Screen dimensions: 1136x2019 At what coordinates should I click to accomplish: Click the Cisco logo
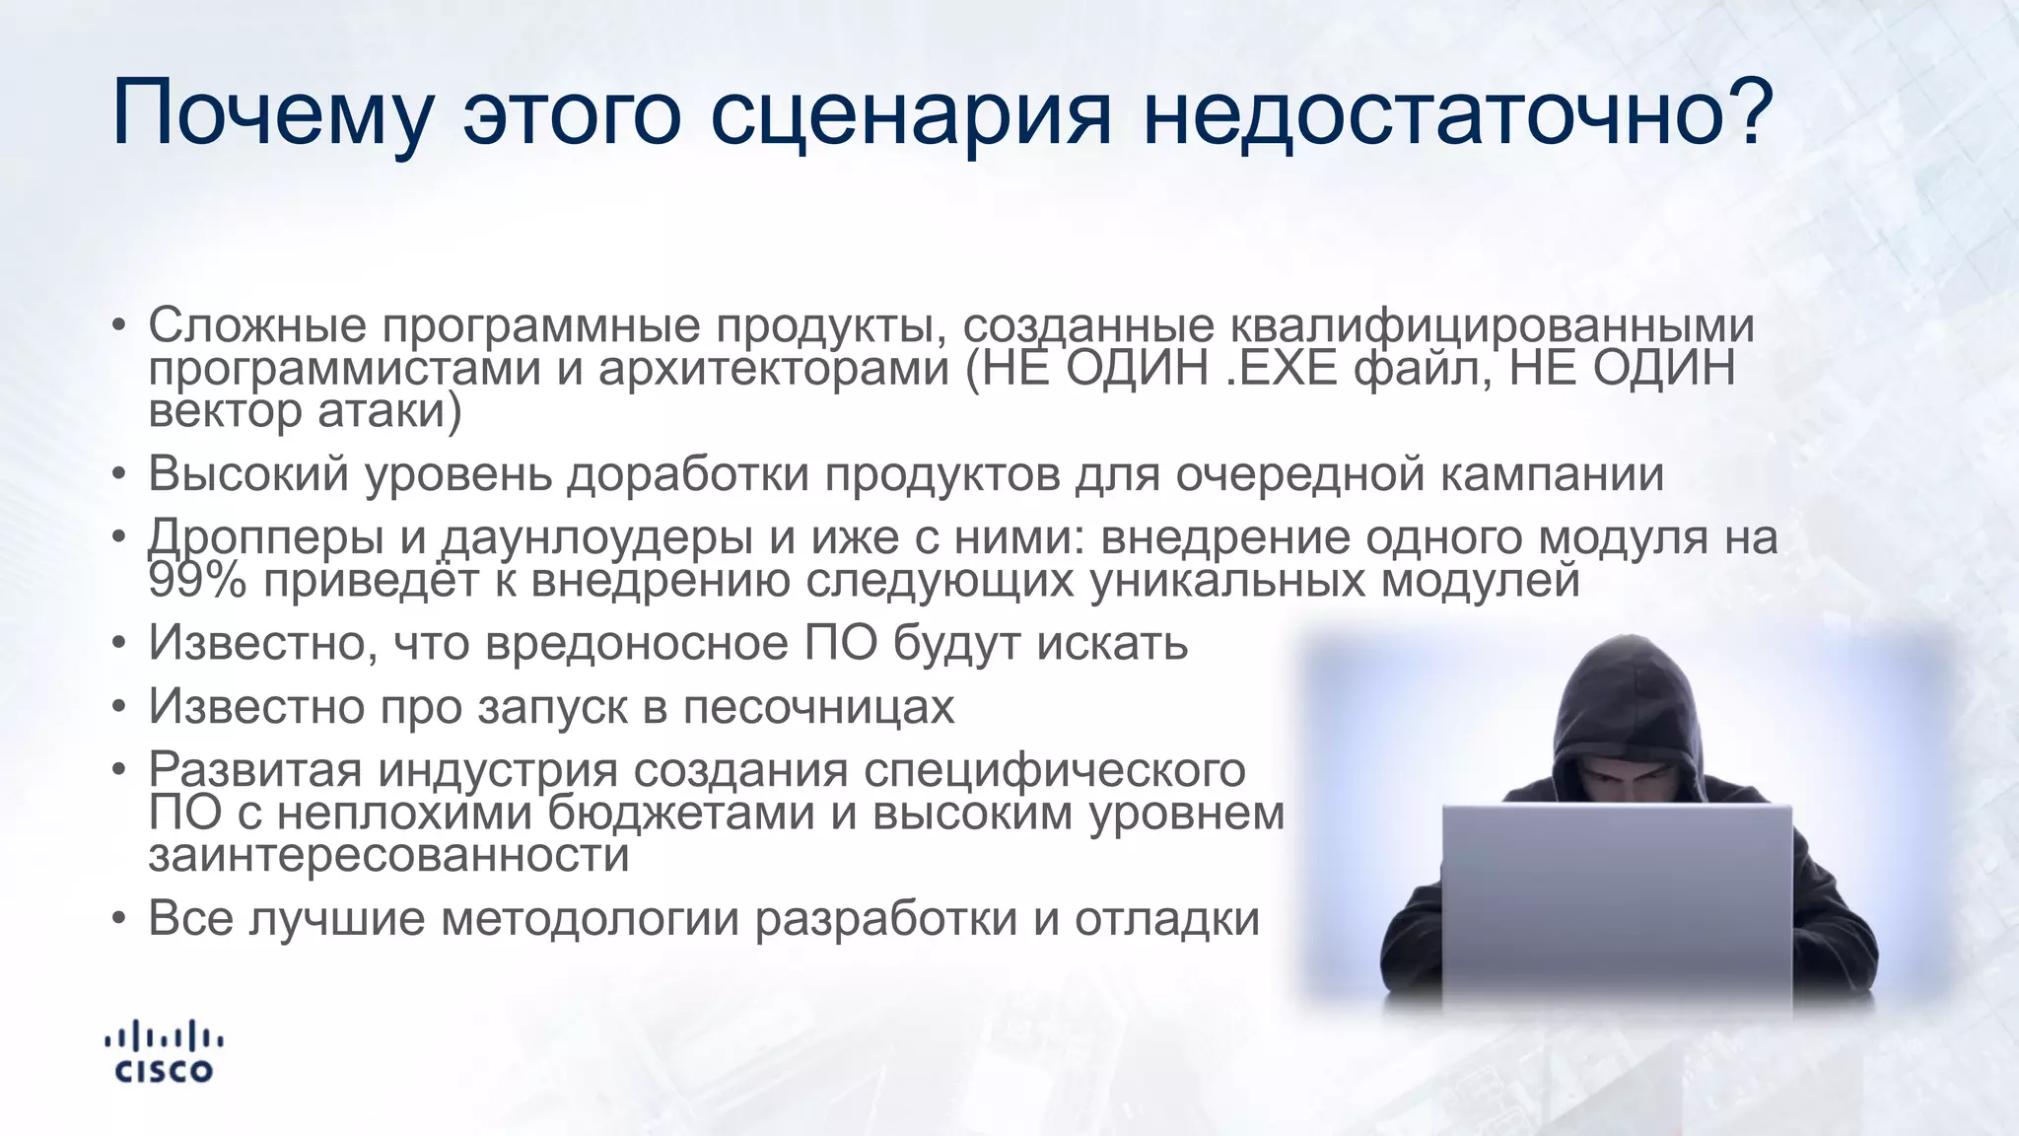[164, 1052]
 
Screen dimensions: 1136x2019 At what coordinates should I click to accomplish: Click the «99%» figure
[197, 580]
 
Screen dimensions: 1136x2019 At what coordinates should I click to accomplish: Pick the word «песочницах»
[818, 706]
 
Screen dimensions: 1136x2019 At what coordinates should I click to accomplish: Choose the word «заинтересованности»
[388, 854]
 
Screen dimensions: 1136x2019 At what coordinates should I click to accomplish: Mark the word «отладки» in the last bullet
[1167, 918]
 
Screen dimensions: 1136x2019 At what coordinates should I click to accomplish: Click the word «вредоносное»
[637, 643]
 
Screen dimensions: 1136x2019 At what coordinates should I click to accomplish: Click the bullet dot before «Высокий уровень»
[119, 475]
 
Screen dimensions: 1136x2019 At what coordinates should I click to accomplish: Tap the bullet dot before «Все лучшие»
[119, 919]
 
